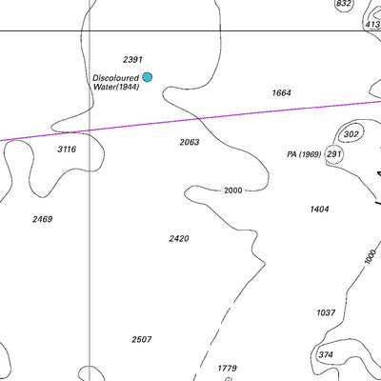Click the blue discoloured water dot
148,77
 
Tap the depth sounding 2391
132,59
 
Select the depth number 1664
281,92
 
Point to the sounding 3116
67,150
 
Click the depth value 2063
190,142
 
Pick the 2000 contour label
233,190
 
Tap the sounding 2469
42,219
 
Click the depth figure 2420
178,238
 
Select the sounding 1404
319,209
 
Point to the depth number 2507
142,339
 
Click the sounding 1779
227,368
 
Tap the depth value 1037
326,312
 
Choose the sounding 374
326,354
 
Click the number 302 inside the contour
351,134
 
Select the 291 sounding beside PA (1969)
333,153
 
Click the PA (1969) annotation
304,154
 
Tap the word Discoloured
116,77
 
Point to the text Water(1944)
116,87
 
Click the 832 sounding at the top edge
344,4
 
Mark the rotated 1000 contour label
369,256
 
